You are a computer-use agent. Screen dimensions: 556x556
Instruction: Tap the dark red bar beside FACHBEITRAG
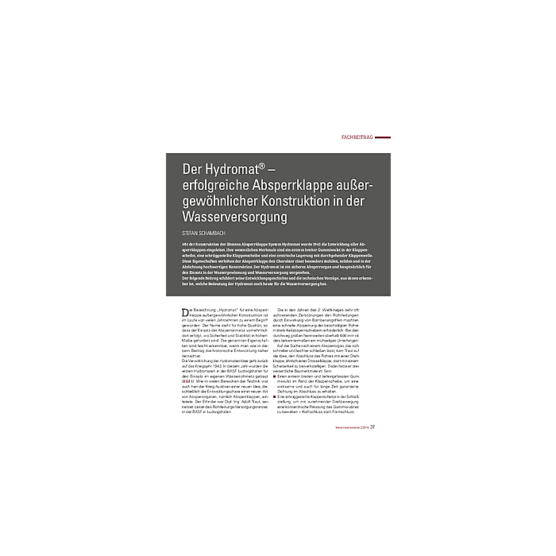pos(382,137)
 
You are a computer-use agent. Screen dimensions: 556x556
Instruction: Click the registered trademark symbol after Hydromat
pos(261,166)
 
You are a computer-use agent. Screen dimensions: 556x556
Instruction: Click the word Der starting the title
pos(191,169)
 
